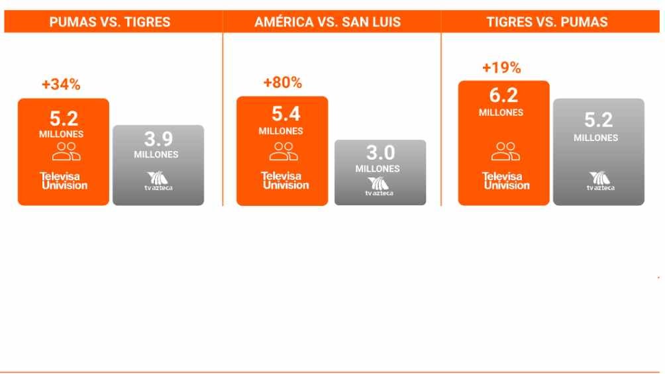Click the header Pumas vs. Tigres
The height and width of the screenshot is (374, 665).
tap(109, 22)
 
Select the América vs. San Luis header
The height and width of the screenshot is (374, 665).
tap(327, 22)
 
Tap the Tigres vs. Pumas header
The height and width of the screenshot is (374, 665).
tap(547, 22)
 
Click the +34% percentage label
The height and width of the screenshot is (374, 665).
tap(61, 84)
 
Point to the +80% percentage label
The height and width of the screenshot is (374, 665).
tap(282, 82)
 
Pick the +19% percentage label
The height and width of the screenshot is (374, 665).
tap(501, 68)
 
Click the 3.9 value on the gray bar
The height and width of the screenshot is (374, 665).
tap(158, 138)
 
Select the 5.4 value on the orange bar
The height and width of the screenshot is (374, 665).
tap(286, 114)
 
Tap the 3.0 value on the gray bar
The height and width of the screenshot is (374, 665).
tap(380, 153)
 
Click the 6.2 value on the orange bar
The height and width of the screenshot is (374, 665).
tap(503, 95)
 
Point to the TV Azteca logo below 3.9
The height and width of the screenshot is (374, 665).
tap(158, 181)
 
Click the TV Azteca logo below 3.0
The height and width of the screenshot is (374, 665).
tap(379, 187)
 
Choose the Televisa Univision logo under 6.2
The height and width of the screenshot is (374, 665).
tap(506, 181)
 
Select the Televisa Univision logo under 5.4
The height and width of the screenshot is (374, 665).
tap(285, 180)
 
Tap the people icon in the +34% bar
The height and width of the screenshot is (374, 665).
tap(66, 152)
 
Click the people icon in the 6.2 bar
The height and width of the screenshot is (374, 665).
tap(505, 152)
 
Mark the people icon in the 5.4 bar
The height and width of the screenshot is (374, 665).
tap(283, 152)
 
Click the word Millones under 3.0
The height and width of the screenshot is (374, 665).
tap(378, 169)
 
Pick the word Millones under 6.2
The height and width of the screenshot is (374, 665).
tap(501, 113)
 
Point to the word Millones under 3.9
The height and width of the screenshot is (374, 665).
tap(156, 155)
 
